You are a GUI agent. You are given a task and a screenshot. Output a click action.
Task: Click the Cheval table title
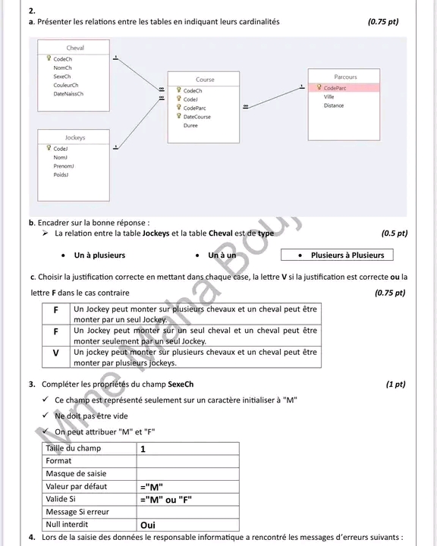coord(75,48)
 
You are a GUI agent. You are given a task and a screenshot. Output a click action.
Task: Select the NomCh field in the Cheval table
coord(62,68)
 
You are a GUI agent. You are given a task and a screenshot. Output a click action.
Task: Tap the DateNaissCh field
coord(68,94)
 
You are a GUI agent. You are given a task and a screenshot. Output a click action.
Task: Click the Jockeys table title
coord(75,137)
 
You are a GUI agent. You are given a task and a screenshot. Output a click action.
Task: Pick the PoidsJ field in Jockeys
coord(61,175)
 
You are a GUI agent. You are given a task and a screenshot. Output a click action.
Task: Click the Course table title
coord(205,80)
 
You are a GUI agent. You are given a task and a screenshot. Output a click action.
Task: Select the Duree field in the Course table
coord(190,125)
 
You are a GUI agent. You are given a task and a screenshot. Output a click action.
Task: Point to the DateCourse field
coord(197,117)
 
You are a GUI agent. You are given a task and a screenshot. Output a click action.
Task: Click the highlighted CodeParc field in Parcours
coord(335,88)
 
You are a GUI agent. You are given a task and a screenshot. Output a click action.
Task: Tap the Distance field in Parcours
coord(334,105)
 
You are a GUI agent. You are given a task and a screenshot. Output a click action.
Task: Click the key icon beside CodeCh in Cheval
coord(49,58)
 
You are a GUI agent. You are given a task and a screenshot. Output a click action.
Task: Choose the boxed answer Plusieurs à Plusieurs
coord(337,255)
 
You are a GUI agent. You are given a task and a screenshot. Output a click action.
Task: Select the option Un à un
coord(222,256)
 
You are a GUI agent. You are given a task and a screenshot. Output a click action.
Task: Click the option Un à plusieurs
coord(99,256)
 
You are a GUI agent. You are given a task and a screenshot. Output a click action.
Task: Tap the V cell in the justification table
coord(55,353)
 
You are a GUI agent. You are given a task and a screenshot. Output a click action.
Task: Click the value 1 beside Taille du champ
coord(143,449)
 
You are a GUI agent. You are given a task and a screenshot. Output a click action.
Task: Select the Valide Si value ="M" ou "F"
coord(166,500)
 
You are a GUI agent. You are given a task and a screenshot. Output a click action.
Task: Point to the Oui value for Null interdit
coord(148,525)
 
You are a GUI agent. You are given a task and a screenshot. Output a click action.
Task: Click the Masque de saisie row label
coord(76,473)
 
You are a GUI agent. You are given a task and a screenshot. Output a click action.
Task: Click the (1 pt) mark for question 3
coord(395,384)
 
